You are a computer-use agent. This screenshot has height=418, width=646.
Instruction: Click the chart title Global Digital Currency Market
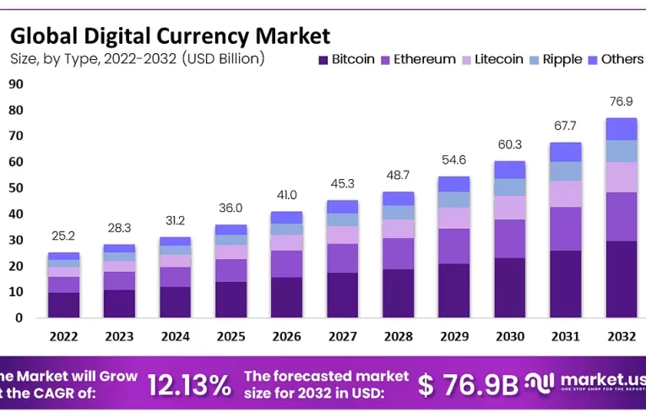coord(169,35)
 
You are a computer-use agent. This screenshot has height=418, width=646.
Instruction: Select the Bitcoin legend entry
coord(346,59)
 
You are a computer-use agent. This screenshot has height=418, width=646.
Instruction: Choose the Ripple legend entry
coord(555,59)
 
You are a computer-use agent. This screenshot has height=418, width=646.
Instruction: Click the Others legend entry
coord(615,59)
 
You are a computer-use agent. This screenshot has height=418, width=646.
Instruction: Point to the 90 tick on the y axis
coord(16,84)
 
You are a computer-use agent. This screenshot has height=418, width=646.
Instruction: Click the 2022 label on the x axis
coord(63,336)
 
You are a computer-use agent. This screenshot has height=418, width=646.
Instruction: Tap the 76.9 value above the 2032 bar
coord(621,101)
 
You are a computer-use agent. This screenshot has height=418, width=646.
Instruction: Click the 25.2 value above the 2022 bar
coord(63,236)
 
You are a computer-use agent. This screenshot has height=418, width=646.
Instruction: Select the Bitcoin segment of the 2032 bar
coord(621,279)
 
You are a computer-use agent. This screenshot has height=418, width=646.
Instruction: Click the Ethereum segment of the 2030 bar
coord(509,238)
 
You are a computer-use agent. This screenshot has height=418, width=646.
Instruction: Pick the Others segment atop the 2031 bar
coord(565,151)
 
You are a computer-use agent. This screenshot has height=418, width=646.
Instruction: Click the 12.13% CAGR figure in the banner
coord(189,385)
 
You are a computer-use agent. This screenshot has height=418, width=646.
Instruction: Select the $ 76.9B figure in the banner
coord(468,385)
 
